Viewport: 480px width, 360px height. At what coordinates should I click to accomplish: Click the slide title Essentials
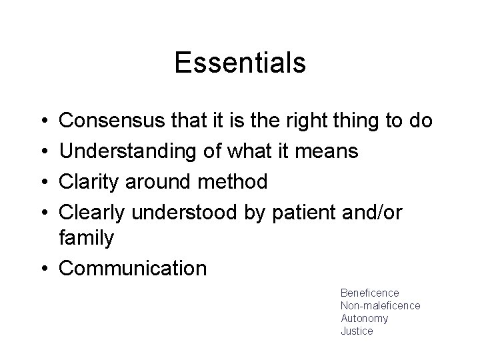pos(240,63)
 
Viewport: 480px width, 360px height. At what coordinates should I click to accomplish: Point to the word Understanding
pos(125,151)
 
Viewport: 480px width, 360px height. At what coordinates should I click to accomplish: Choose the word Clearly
pos(93,210)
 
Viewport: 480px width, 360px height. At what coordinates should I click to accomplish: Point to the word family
pos(87,239)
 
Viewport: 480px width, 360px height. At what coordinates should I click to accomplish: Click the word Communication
pos(133,268)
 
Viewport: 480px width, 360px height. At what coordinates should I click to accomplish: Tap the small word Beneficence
pos(369,293)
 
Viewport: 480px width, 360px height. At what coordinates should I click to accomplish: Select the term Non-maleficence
pos(380,305)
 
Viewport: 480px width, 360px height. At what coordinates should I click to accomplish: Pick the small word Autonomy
pos(364,318)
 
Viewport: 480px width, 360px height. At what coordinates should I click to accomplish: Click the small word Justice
pos(357,331)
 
